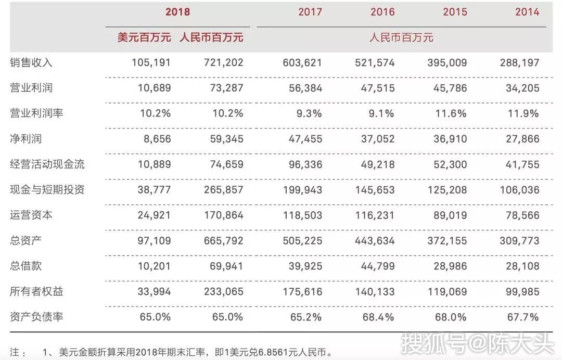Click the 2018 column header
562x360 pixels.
point(177,12)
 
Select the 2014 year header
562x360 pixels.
point(527,12)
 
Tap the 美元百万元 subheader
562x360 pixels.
point(144,37)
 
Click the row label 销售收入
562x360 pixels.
point(31,62)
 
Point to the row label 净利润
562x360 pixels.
point(26,138)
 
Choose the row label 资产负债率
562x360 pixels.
point(36,317)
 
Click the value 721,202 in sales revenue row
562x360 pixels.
point(224,62)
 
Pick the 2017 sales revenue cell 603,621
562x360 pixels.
point(302,62)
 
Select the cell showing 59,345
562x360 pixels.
point(226,139)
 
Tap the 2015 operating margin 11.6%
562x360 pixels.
point(451,113)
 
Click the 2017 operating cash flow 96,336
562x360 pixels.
point(305,164)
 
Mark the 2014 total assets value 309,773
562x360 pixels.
point(519,241)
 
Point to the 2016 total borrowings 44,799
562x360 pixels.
point(378,266)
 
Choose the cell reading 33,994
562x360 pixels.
point(154,291)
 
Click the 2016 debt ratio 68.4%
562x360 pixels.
point(378,317)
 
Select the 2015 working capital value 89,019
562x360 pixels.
point(450,215)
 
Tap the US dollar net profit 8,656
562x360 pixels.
point(157,139)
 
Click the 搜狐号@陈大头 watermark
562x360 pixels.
point(477,343)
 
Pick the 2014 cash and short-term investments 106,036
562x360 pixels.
point(520,190)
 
